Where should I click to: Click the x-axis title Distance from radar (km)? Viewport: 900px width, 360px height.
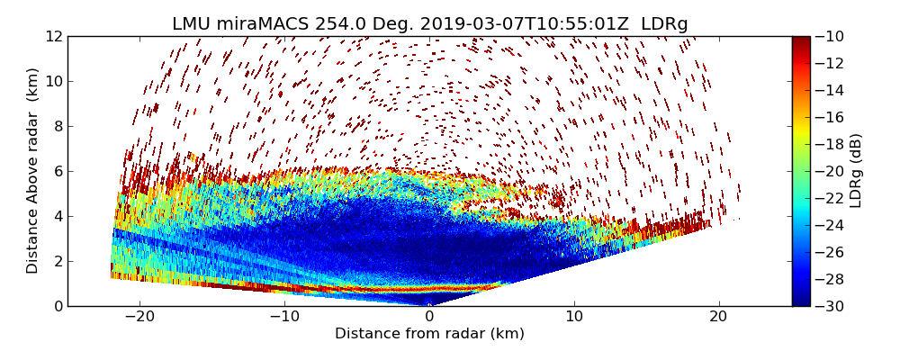tap(429, 334)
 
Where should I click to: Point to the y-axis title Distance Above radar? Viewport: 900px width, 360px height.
tap(33, 170)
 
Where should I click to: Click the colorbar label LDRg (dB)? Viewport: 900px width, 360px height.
tap(856, 170)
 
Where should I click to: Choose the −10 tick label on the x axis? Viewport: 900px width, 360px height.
tap(284, 317)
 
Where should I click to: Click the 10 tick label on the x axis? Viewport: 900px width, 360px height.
tap(574, 317)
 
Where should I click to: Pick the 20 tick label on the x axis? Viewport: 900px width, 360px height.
tap(718, 317)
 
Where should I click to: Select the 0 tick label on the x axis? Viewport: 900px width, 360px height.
tap(429, 317)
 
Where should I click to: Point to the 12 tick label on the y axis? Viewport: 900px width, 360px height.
tap(54, 36)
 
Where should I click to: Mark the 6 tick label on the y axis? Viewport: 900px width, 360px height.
tap(58, 171)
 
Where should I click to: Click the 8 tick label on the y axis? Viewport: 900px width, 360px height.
tap(58, 126)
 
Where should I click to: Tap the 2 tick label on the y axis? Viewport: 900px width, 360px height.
tap(58, 261)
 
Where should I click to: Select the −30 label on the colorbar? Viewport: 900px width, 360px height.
tap(832, 306)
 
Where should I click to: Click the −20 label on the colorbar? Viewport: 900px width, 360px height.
tap(832, 171)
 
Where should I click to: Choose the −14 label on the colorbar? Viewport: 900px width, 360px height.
tap(832, 90)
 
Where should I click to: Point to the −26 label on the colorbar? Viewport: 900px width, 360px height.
tap(832, 252)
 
